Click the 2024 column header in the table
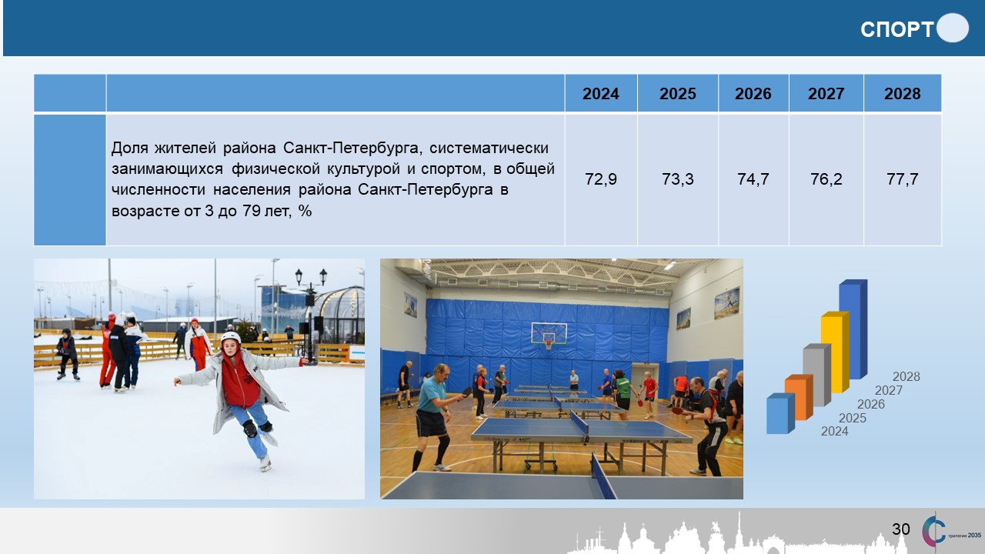click(x=600, y=94)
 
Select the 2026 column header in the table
click(x=753, y=94)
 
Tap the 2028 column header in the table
click(x=903, y=94)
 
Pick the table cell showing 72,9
click(x=601, y=179)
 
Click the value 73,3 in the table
click(x=678, y=179)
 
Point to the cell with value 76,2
click(x=826, y=179)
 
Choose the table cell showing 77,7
click(x=903, y=179)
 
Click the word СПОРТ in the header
click(x=897, y=29)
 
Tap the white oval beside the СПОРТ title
click(x=953, y=28)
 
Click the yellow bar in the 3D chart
click(x=835, y=352)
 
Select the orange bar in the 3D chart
click(x=799, y=398)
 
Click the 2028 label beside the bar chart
click(x=907, y=376)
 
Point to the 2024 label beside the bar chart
click(x=835, y=432)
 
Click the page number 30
click(x=901, y=529)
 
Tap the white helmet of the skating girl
click(x=230, y=338)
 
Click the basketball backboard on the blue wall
click(x=549, y=334)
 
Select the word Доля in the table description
click(x=130, y=148)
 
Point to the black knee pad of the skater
click(x=250, y=429)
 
